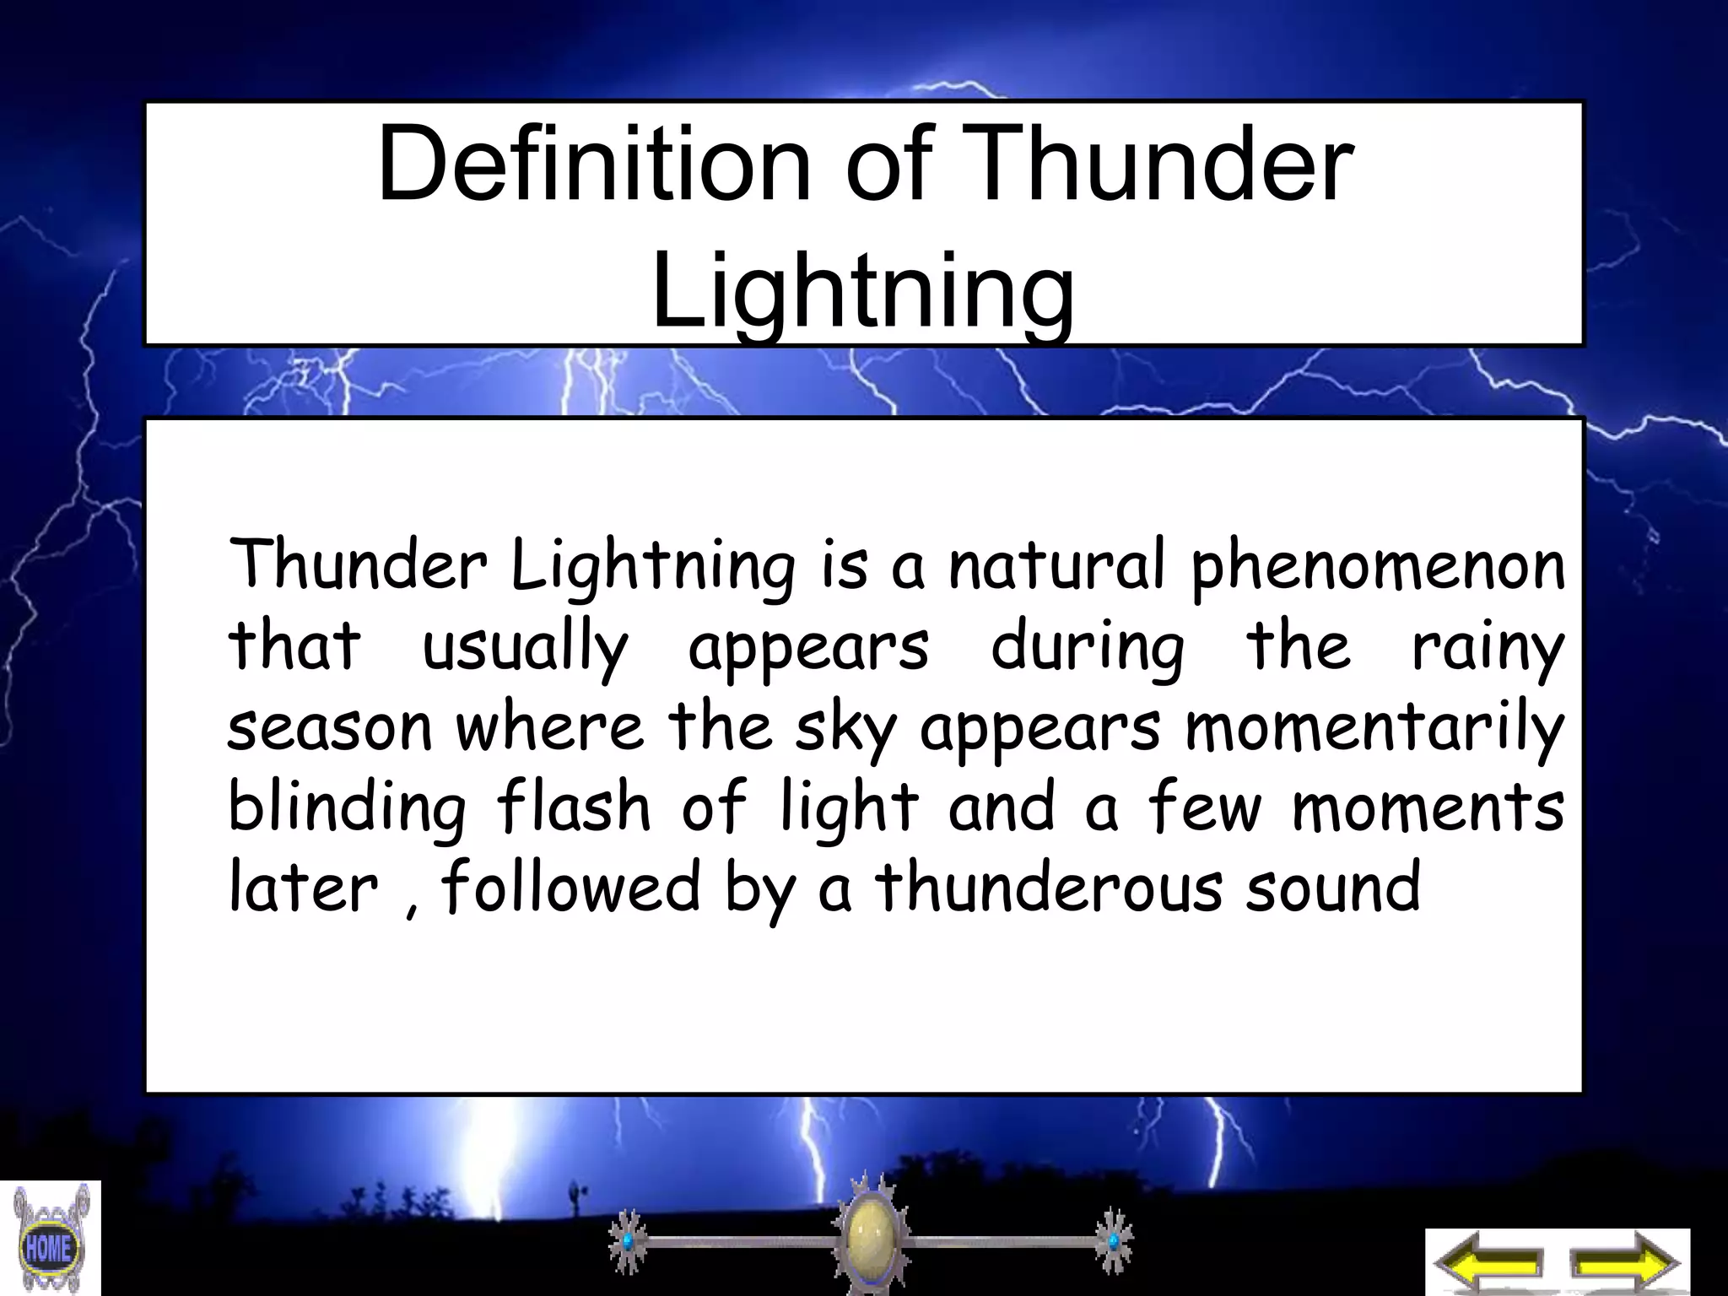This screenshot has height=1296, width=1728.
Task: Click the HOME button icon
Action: point(48,1246)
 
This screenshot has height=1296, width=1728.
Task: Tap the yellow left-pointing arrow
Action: point(1488,1263)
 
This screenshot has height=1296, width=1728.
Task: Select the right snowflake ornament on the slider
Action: point(1113,1241)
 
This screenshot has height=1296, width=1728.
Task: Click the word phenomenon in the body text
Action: point(1377,565)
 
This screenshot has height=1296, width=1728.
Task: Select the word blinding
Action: point(347,808)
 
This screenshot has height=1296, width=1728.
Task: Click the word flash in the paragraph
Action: point(574,807)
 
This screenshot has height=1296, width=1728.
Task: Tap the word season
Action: point(330,729)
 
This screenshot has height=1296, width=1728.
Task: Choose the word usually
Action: point(525,648)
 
